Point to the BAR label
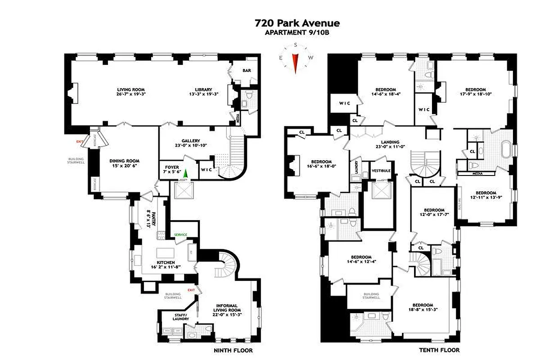point(247,71)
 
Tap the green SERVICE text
point(180,235)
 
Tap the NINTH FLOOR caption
point(233,350)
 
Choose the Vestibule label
point(381,171)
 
